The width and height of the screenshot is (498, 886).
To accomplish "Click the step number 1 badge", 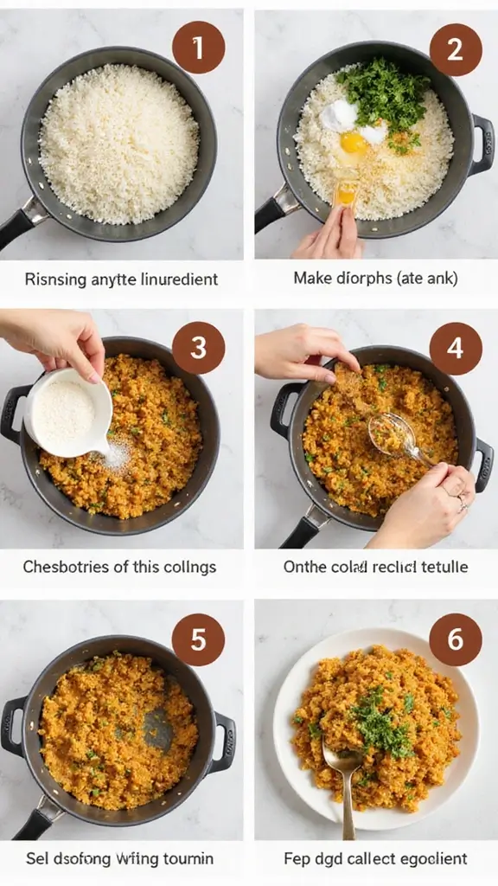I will click(x=198, y=47).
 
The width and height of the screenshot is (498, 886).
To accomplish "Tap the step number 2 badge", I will click(x=456, y=49).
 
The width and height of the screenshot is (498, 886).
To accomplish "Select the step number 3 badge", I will click(x=198, y=348).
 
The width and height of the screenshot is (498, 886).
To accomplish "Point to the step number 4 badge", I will click(x=456, y=348).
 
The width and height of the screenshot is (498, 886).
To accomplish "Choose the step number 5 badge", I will click(x=198, y=640).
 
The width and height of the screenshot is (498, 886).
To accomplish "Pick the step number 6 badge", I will click(x=456, y=640).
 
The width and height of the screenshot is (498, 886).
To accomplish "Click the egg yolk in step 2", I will click(x=353, y=142).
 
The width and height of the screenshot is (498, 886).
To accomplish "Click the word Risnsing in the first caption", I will click(x=53, y=279).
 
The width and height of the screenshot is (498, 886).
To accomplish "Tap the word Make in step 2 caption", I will click(x=313, y=279).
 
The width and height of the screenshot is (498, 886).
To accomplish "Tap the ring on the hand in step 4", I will click(x=462, y=501).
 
